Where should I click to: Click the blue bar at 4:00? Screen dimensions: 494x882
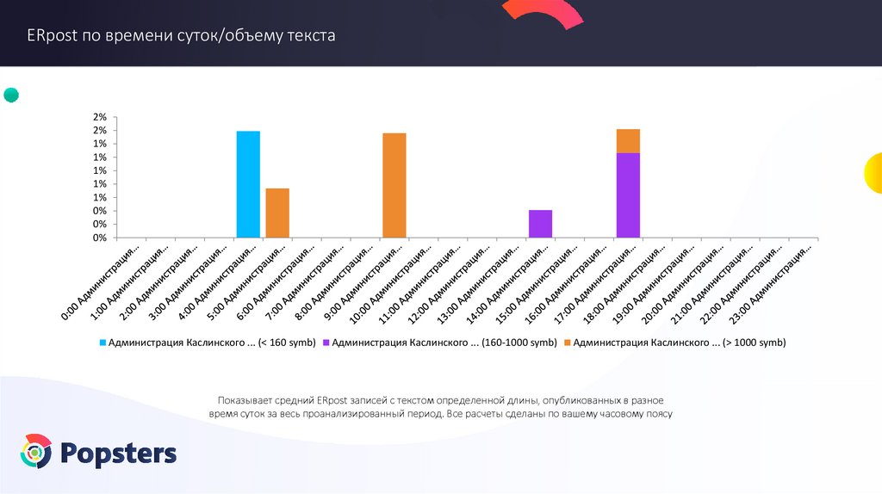(248, 184)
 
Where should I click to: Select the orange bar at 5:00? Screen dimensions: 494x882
(277, 213)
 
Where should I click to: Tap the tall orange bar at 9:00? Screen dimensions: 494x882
(394, 185)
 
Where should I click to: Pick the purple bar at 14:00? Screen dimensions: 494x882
(540, 224)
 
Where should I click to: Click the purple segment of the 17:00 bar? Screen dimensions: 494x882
(628, 195)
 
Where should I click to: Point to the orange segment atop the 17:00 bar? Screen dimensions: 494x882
(628, 141)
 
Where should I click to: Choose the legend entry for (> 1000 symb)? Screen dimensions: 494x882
(680, 343)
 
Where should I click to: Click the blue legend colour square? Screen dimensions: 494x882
(103, 343)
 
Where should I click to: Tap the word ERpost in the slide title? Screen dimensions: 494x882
(52, 36)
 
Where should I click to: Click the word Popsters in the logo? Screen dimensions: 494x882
(119, 453)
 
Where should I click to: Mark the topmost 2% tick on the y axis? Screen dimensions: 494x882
(100, 117)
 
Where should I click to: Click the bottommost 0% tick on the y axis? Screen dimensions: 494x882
(100, 238)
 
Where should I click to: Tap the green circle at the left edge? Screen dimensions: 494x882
(11, 95)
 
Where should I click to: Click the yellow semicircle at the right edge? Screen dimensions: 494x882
(873, 171)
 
